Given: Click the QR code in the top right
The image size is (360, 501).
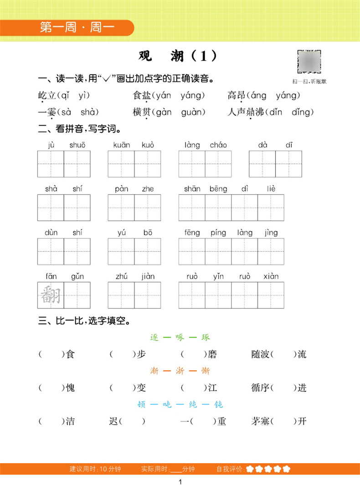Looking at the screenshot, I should pyautogui.click(x=310, y=62).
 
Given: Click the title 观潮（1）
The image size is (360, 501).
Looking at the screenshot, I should pyautogui.click(x=178, y=56).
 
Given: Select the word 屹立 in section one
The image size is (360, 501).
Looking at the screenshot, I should pyautogui.click(x=46, y=95).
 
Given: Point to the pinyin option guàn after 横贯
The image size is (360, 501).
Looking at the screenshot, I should pyautogui.click(x=190, y=112).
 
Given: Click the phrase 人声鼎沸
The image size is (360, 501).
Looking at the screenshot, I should pyautogui.click(x=246, y=112).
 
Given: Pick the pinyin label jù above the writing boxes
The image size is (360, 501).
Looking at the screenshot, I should pyautogui.click(x=51, y=145).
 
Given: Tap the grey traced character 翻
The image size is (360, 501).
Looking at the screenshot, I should pyautogui.click(x=51, y=295).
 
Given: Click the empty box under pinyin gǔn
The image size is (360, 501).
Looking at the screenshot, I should pyautogui.click(x=77, y=295).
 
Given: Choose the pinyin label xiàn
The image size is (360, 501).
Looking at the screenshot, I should pyautogui.click(x=271, y=276).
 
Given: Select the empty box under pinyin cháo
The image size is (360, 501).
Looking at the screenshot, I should pyautogui.click(x=218, y=164).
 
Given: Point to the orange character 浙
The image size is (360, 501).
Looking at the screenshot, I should pyautogui.click(x=180, y=371).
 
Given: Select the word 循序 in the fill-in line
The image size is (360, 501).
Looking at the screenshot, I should pyautogui.click(x=260, y=388).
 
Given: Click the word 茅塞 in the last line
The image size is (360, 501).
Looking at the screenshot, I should pyautogui.click(x=260, y=421).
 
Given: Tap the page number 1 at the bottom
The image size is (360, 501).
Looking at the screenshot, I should pyautogui.click(x=181, y=482).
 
